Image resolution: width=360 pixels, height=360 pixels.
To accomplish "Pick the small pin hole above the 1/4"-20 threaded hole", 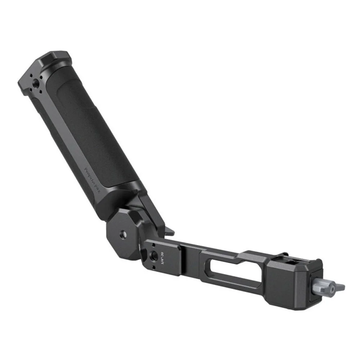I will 153,246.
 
